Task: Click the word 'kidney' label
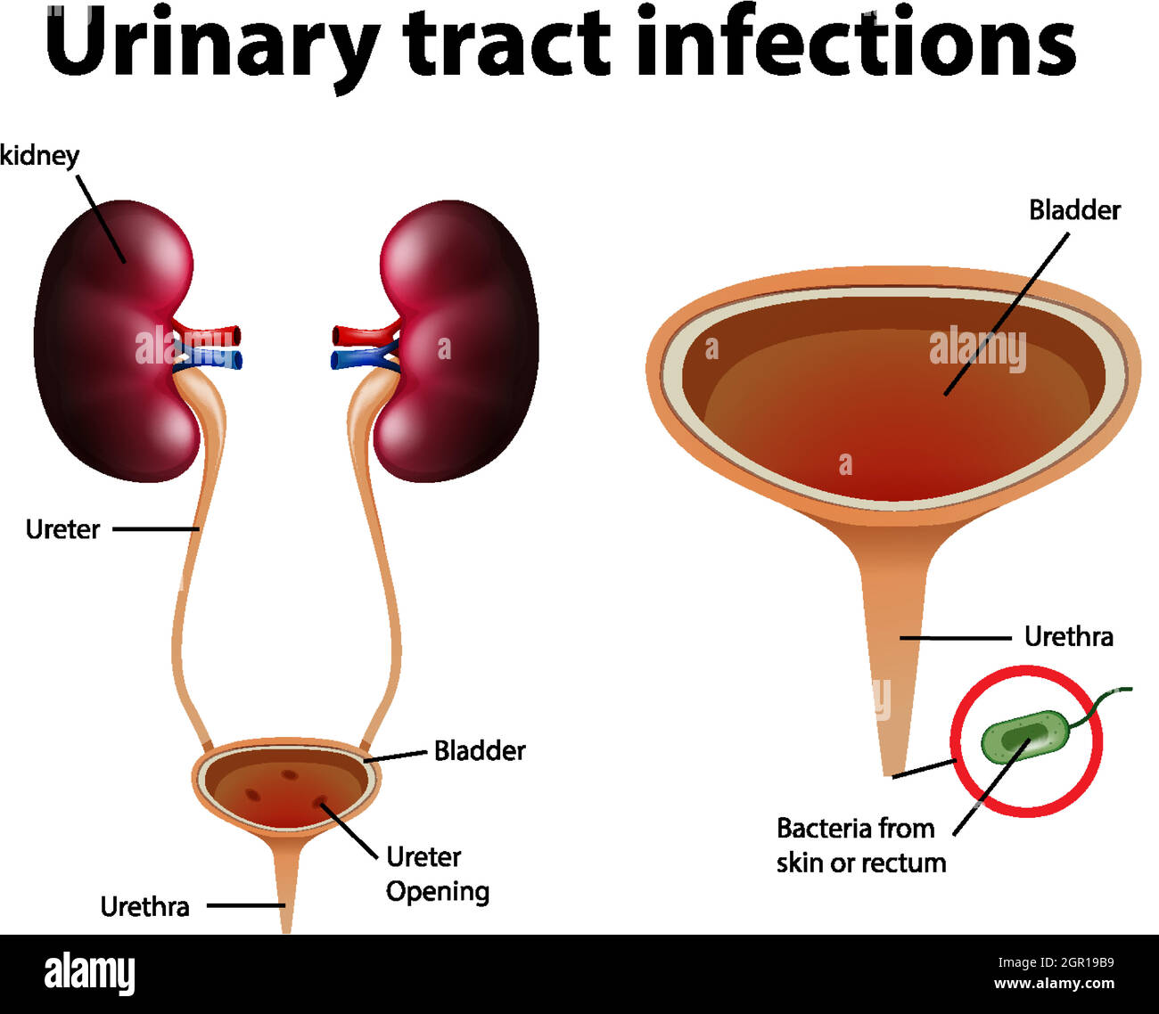tap(39, 156)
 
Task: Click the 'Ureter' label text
tap(62, 529)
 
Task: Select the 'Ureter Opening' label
tap(437, 874)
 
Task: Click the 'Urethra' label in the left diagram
tap(144, 907)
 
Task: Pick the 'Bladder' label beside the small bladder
tap(480, 751)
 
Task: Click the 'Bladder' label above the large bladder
tap(1074, 210)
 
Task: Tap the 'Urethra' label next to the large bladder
tap(1068, 637)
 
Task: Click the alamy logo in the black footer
tap(89, 974)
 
